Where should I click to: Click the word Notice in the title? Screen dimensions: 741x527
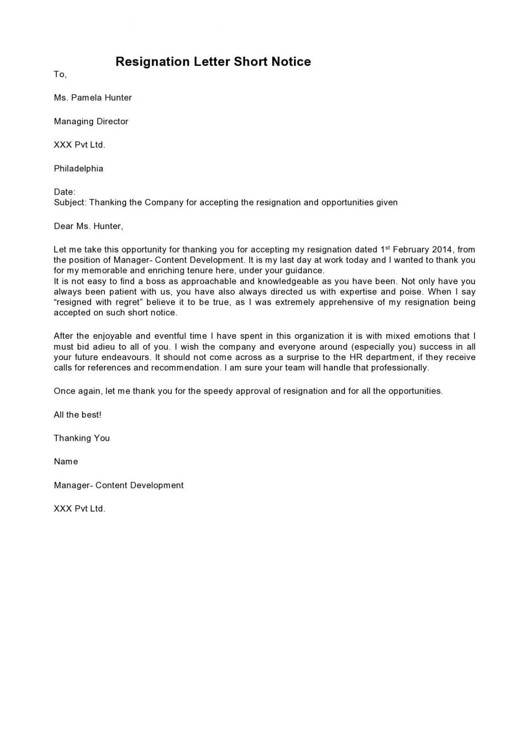tap(291, 62)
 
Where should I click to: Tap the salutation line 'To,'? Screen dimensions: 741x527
tap(60, 74)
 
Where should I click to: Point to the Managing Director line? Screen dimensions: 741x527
tap(91, 121)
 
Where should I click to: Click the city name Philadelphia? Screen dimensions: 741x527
tap(79, 168)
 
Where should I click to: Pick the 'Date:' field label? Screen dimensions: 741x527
tap(64, 192)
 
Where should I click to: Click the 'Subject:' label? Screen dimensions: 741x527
tap(70, 202)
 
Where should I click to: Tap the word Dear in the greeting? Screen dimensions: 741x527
tap(64, 226)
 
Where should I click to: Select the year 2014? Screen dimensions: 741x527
tap(442, 249)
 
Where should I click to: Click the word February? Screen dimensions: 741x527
tap(410, 249)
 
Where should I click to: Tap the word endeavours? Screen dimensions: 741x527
tap(126, 357)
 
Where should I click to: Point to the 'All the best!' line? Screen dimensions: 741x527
tap(77, 414)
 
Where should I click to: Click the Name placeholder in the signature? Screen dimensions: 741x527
tap(66, 461)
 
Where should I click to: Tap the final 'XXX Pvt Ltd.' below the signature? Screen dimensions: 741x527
tap(79, 508)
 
